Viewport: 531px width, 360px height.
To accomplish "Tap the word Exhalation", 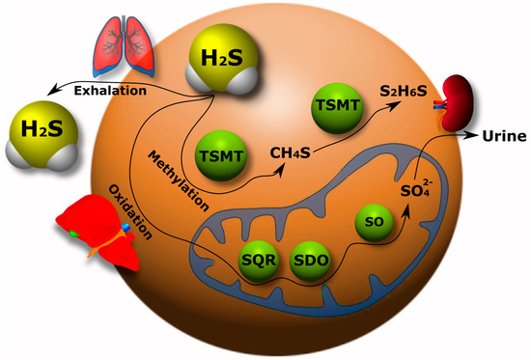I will [108, 91].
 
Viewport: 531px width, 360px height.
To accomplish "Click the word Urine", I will [504, 135].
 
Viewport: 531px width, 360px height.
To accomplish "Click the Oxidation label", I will [129, 208].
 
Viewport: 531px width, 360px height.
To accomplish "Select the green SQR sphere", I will [257, 261].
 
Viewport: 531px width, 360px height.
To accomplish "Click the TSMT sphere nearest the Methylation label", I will [219, 154].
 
